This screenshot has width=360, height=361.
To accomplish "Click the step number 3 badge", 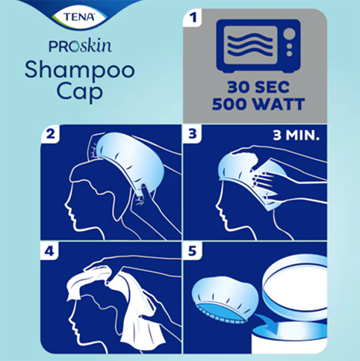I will point(196,135).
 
